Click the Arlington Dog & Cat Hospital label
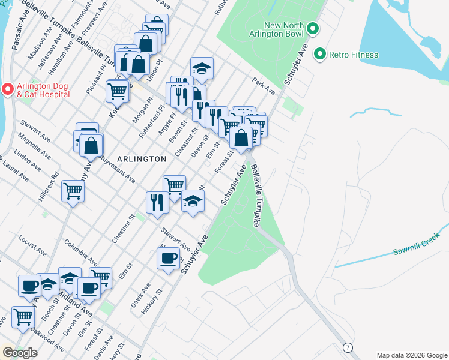click(43, 89)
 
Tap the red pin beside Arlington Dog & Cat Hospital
click(7, 89)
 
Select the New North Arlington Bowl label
click(273, 29)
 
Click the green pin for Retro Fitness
click(320, 55)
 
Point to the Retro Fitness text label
click(354, 55)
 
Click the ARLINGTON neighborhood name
click(142, 159)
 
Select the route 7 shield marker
click(347, 347)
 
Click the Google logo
click(20, 352)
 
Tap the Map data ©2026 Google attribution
click(411, 355)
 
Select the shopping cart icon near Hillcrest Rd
click(73, 191)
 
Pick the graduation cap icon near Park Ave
click(202, 68)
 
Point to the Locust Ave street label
click(33, 242)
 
